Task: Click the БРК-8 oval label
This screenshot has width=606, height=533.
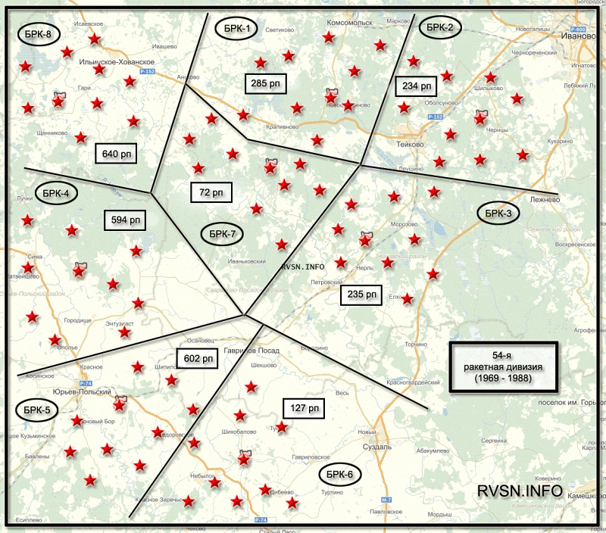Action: coord(38,35)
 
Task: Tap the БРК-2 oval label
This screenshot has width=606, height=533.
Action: coord(439,27)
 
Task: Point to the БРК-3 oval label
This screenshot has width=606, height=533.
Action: coord(499,214)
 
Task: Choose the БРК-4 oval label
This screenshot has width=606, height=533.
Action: coord(57,194)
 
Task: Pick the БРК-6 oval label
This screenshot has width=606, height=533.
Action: coord(340,475)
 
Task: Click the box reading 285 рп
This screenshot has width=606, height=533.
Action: coord(265,83)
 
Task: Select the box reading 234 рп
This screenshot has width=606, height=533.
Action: coord(416,86)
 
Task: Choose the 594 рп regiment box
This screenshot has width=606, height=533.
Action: coord(125,220)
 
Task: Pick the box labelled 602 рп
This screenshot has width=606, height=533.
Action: coord(196,358)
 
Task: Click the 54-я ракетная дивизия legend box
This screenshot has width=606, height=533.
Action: coord(503,366)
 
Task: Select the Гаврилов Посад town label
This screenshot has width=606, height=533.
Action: coord(251,351)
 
